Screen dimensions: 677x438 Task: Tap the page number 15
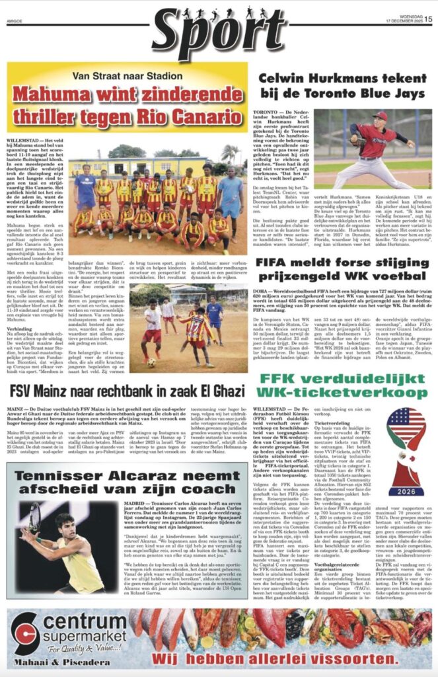pos(428,19)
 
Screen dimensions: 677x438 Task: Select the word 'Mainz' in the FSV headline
pos(59,391)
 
